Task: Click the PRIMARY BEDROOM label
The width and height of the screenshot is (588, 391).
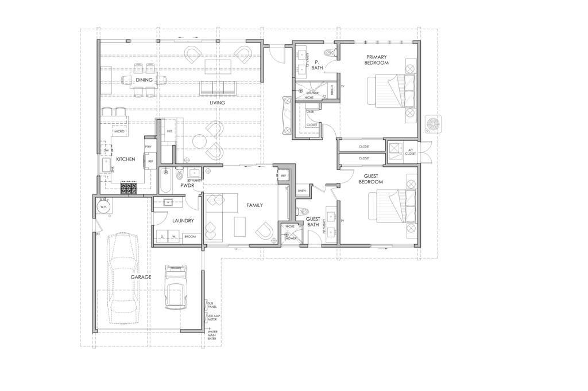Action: (x=376, y=60)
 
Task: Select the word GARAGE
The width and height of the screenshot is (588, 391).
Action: (x=141, y=277)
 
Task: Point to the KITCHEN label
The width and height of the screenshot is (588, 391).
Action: (x=125, y=159)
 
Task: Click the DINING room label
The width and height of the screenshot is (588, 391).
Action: (x=144, y=80)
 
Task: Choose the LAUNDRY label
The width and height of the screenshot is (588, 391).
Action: (x=183, y=220)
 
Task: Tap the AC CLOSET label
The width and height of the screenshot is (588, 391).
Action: (x=410, y=152)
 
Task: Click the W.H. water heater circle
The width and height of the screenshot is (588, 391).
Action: (x=105, y=207)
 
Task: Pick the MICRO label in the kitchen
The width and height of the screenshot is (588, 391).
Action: (x=119, y=131)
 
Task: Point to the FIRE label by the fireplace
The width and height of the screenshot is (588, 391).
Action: (x=169, y=131)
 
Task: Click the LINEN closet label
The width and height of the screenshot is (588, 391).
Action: (x=301, y=191)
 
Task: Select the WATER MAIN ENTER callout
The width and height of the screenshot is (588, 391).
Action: (x=212, y=335)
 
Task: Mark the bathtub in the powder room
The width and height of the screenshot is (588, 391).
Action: (x=166, y=181)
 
